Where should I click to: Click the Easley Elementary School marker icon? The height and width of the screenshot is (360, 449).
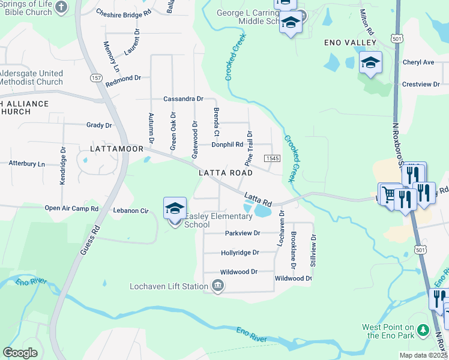[175, 209]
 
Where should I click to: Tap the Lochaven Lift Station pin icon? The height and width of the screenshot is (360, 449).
[217, 287]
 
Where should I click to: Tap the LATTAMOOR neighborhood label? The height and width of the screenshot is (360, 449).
[116, 148]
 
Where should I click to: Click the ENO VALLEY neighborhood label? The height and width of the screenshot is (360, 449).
[350, 43]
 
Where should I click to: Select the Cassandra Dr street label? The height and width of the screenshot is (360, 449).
[184, 99]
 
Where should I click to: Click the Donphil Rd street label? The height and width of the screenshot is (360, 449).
[227, 145]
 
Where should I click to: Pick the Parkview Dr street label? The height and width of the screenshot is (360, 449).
[243, 233]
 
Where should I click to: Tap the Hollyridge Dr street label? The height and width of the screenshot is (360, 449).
[240, 253]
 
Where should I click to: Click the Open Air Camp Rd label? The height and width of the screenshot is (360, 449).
[71, 209]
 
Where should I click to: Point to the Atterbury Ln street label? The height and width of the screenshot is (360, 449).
[26, 163]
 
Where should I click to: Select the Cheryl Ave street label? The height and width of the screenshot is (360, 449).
[418, 62]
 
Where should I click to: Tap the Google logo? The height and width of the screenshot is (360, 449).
[20, 353]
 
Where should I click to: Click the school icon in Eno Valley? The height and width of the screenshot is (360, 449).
[370, 62]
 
